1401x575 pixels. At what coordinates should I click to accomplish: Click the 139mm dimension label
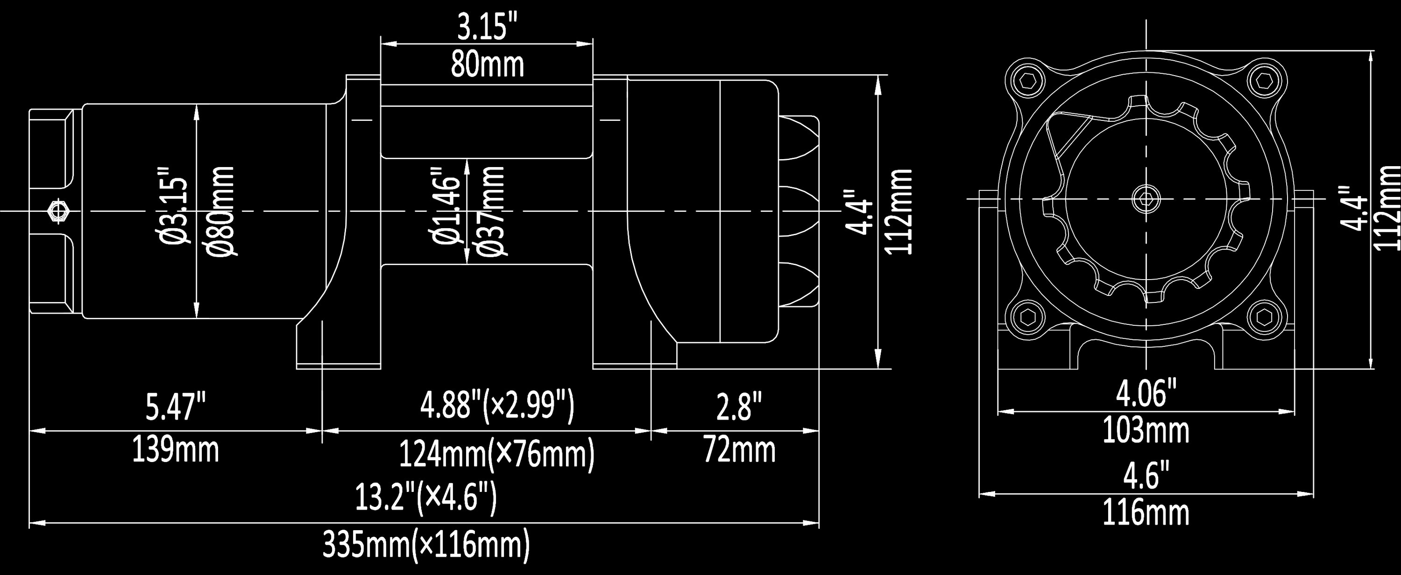[x=176, y=450]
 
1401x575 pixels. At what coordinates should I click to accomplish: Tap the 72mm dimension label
[x=739, y=450]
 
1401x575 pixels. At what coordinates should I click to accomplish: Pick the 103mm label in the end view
[x=1146, y=430]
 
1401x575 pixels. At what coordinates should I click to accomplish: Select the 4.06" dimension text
[x=1146, y=394]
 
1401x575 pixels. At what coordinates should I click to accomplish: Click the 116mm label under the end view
[x=1146, y=512]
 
